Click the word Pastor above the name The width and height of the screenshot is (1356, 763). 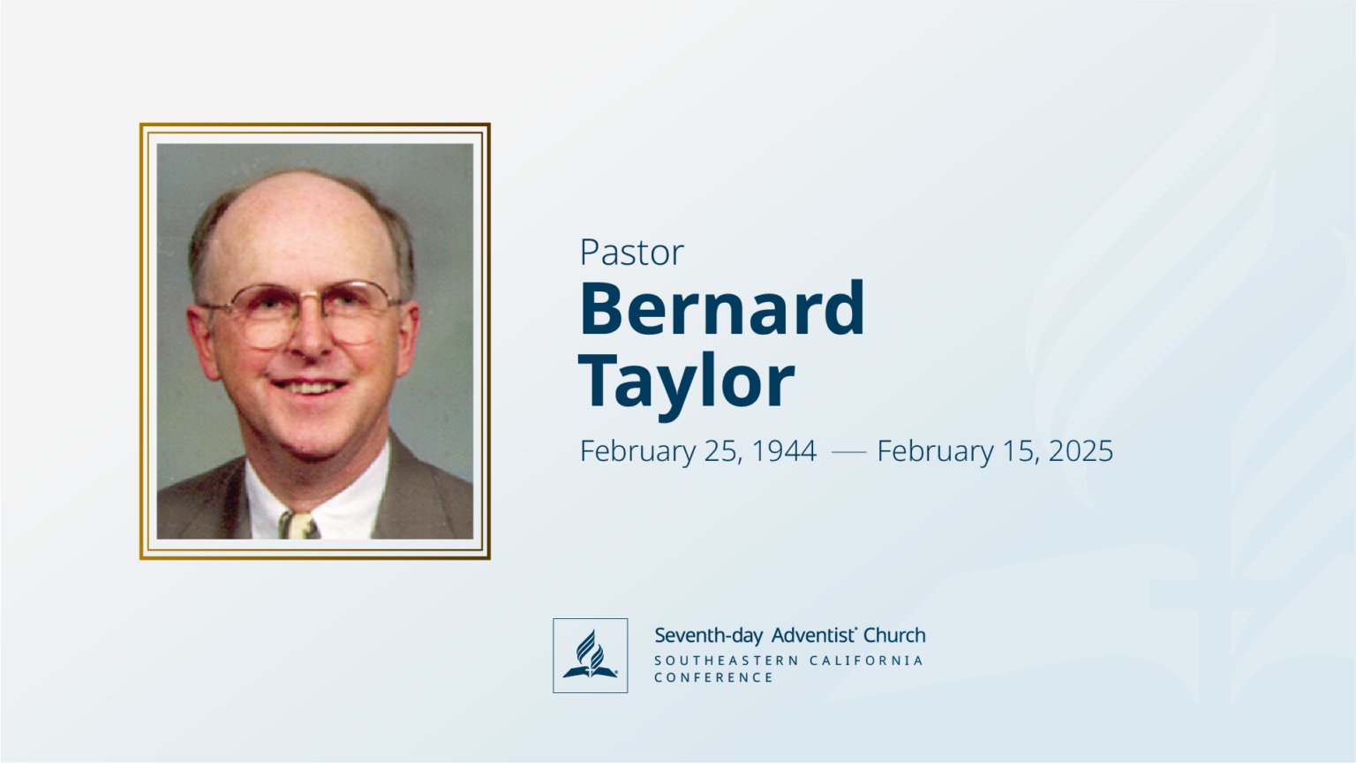631,253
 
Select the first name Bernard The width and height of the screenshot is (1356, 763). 722,308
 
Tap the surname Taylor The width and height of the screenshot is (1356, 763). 687,381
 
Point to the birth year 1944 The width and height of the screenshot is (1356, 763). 784,451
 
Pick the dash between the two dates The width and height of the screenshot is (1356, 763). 848,452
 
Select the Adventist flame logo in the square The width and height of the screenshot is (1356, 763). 590,655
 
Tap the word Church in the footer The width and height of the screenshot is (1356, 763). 894,635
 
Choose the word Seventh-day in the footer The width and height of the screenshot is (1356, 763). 709,636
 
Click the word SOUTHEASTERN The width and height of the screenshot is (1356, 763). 727,661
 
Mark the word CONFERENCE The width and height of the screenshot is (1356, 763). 713,677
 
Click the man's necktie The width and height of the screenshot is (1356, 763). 298,525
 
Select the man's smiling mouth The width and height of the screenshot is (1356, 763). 308,386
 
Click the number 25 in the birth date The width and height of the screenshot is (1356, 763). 722,451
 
